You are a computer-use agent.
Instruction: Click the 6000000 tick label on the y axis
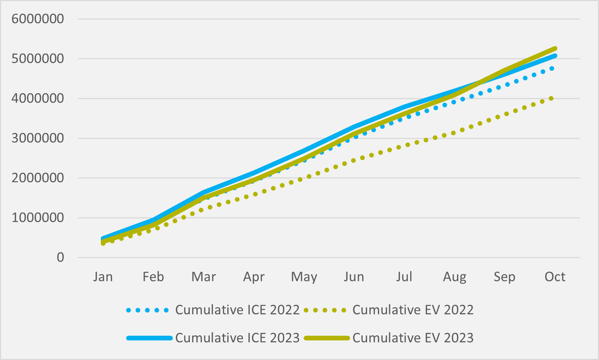(38, 19)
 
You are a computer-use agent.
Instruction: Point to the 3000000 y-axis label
(38, 138)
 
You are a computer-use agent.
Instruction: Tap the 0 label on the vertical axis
(60, 257)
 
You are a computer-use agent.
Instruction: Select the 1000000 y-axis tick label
(38, 218)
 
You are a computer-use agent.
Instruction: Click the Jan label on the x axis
(103, 277)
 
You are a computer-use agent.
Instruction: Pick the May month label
(304, 277)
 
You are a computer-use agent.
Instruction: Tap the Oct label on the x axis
(555, 277)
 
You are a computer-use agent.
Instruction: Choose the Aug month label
(454, 277)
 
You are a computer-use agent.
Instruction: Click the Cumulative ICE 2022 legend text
(237, 310)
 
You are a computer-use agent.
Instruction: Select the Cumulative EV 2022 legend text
(413, 310)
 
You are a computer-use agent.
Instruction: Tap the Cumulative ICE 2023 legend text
(237, 338)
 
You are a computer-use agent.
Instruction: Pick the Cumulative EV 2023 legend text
(413, 338)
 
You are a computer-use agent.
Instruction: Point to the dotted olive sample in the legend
(325, 310)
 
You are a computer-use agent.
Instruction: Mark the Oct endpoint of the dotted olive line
(551, 98)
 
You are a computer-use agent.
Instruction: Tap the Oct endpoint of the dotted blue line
(552, 69)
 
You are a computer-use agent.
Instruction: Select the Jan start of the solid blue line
(103, 239)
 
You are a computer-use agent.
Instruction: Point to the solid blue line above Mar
(204, 192)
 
